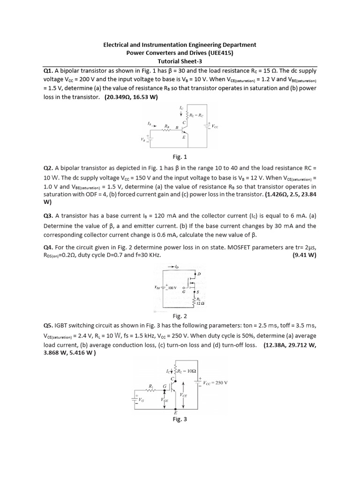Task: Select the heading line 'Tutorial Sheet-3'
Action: (x=180, y=61)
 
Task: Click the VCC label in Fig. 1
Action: (x=215, y=126)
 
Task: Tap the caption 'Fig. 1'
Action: (x=180, y=157)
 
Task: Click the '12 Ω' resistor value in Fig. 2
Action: (x=201, y=303)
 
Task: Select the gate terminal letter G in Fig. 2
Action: (x=183, y=292)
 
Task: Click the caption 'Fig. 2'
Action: (x=180, y=316)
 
